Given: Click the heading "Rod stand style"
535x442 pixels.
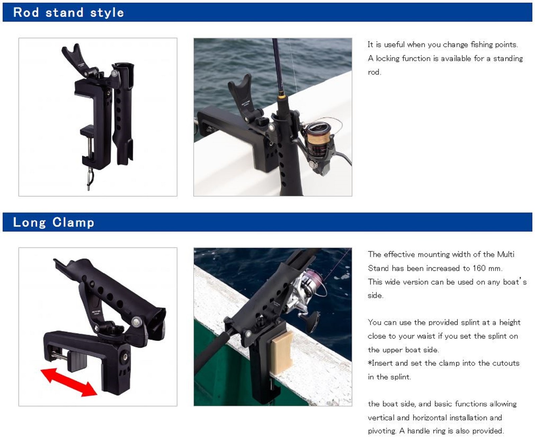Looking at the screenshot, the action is coord(69,13).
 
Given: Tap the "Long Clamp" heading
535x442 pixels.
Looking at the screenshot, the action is coord(53,223).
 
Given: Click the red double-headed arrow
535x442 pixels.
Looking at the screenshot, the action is coord(69,382).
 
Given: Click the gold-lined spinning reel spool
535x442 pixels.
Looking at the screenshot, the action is coord(318,138).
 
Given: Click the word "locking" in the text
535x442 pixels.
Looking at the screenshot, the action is coord(388,59).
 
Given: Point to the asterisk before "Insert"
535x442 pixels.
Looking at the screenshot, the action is coord(370,362).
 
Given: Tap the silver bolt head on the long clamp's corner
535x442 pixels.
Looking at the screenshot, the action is coord(136,322).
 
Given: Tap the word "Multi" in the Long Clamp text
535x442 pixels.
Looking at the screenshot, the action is coord(506,254).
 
